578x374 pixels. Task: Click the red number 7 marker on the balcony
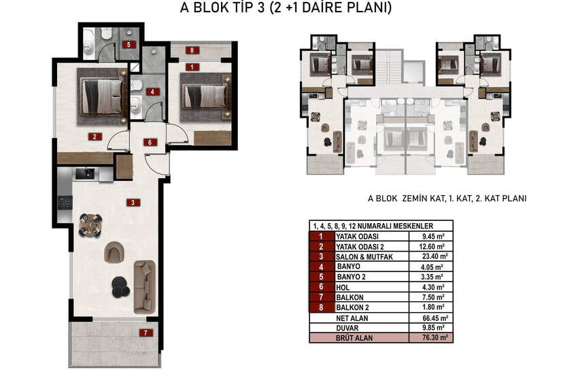coord(146,333)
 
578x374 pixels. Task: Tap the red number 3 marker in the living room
coord(133,202)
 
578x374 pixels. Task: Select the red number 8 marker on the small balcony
coord(192,50)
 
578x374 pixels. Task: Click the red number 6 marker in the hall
coord(150,142)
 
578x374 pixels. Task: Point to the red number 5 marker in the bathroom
coord(129,45)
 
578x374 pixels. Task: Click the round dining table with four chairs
coord(90,225)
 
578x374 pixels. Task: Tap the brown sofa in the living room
coord(144,287)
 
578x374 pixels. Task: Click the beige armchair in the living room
coord(114,252)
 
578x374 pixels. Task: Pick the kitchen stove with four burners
coord(65,203)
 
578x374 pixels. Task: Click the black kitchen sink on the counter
coord(85,173)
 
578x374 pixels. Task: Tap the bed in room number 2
coord(102,97)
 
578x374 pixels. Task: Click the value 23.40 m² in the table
coord(435,256)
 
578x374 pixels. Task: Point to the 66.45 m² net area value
coord(435,318)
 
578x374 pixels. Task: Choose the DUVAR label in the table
coord(347,328)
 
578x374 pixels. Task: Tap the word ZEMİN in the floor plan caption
coord(415,199)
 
